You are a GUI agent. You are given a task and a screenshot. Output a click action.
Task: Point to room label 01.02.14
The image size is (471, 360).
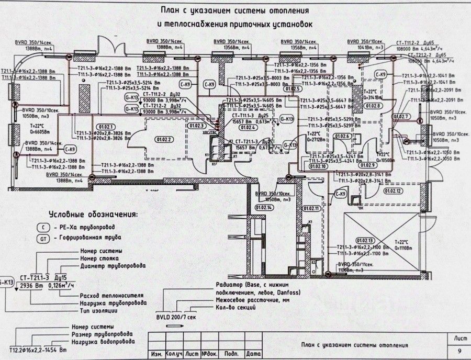[x=264, y=208]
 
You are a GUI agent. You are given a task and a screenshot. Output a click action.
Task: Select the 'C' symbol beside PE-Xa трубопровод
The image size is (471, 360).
[x=43, y=228]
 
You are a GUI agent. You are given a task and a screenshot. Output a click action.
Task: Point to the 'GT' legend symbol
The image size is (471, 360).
[x=43, y=239]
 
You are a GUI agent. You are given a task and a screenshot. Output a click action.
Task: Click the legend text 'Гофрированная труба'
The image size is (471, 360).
[x=86, y=239]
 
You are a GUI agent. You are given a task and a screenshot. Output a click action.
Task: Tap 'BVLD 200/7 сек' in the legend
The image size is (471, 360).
[x=176, y=317]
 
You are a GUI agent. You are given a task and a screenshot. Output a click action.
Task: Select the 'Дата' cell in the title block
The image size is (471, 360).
[x=253, y=354]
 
